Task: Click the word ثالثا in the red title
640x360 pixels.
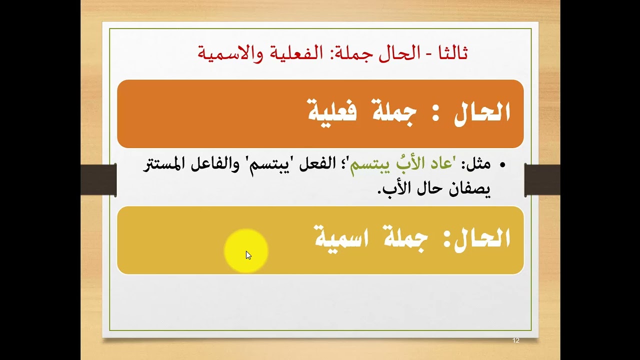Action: click(x=451, y=52)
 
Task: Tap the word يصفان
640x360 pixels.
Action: click(x=473, y=189)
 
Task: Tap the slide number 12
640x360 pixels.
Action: click(x=516, y=340)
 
